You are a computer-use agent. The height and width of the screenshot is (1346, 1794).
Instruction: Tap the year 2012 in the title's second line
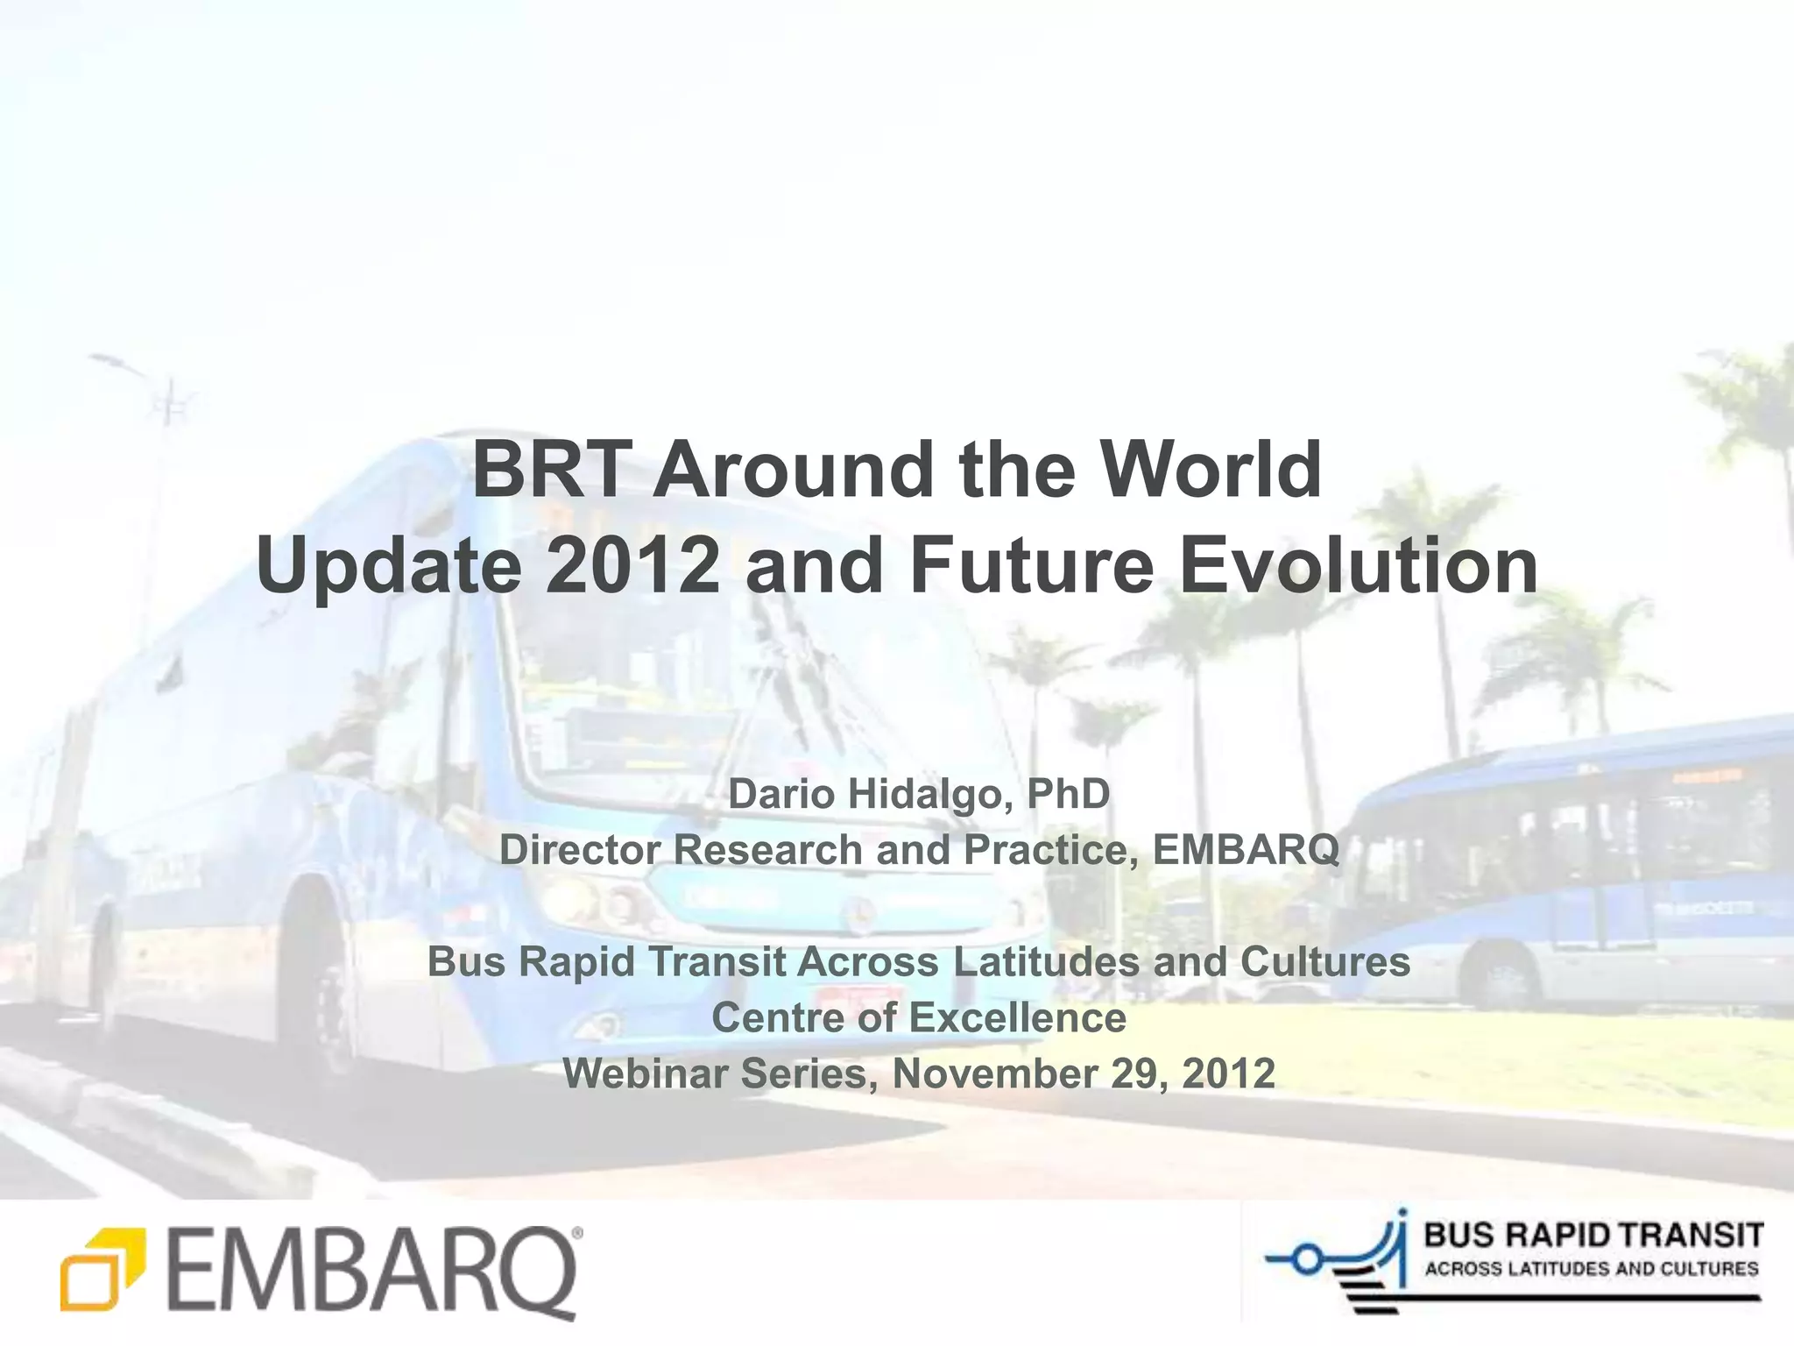point(632,566)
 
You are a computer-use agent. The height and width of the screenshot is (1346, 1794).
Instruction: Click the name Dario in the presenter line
point(781,795)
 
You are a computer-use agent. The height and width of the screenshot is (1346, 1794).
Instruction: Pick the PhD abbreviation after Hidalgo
point(1068,795)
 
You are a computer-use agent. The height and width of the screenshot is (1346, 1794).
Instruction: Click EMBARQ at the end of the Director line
point(1246,850)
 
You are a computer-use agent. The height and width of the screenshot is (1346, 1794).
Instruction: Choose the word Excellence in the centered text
point(1016,1018)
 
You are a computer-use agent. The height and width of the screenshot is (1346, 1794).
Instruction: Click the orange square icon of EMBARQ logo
point(98,1268)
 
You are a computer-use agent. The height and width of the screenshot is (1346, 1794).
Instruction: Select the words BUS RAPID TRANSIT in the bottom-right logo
point(1593,1236)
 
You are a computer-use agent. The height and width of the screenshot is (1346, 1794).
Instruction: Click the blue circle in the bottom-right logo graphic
point(1306,1261)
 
